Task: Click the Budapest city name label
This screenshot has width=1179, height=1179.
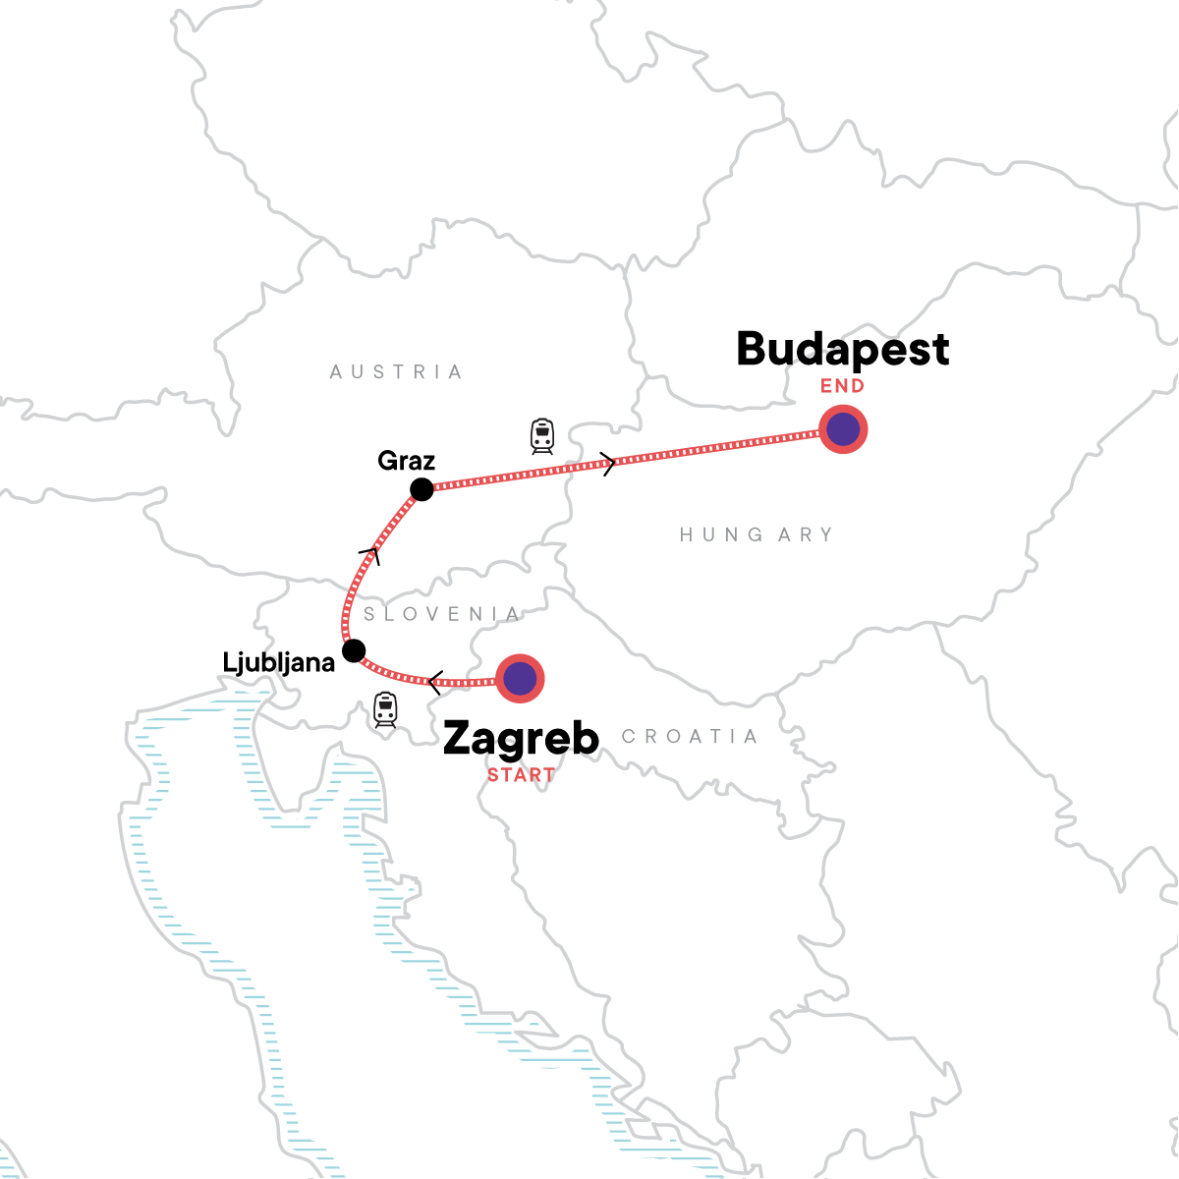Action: tap(843, 350)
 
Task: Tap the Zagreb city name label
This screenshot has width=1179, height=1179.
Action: tap(521, 738)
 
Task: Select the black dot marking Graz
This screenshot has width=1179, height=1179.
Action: tap(421, 488)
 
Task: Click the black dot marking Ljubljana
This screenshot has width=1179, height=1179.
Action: tap(354, 650)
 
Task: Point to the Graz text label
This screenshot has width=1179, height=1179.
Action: tap(406, 461)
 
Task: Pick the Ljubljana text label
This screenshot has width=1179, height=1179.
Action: tap(279, 663)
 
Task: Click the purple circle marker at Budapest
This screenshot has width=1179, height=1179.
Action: tap(843, 429)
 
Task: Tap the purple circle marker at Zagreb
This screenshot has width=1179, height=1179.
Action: tap(520, 678)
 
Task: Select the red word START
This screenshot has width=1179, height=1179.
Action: tap(521, 774)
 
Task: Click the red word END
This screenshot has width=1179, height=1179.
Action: tap(843, 386)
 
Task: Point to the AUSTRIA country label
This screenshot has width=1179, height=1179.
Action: tap(396, 372)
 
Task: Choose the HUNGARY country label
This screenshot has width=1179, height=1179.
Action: tap(757, 535)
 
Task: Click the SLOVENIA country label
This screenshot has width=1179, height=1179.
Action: tap(442, 614)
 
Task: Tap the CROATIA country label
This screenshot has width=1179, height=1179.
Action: tap(690, 737)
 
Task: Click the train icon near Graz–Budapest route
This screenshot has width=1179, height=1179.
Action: tap(542, 435)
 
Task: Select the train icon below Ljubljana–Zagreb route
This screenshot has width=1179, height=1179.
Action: tap(385, 708)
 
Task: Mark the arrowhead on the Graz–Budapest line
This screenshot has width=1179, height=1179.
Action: tap(609, 463)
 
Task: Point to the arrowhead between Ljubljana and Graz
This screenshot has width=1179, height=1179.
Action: tap(370, 553)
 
